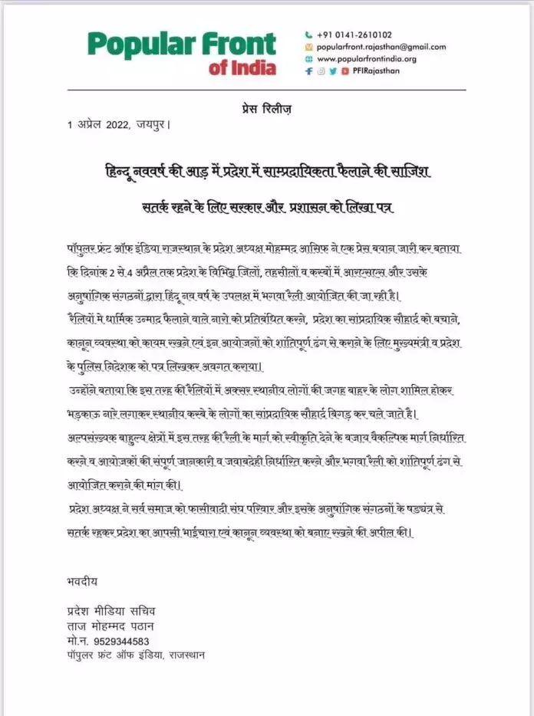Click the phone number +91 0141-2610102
[x=354, y=34]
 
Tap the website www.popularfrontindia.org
[x=366, y=59]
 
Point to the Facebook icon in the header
[x=308, y=71]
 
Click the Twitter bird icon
[x=333, y=71]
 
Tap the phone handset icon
[x=308, y=34]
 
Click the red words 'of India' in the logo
[x=242, y=67]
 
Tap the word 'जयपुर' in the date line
[x=153, y=124]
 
